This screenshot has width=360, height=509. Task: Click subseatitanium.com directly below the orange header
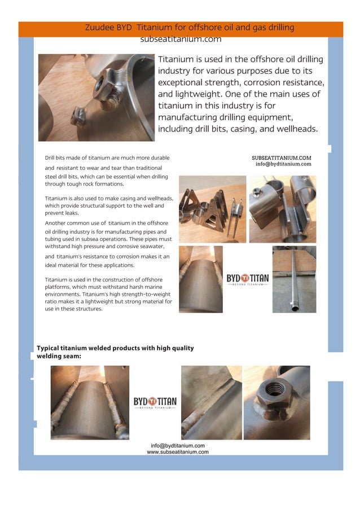pyautogui.click(x=181, y=40)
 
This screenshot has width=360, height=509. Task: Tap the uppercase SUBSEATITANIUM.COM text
pyautogui.click(x=282, y=158)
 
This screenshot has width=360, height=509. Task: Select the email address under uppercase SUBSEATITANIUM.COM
pyautogui.click(x=283, y=164)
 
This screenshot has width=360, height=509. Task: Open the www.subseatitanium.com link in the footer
pyautogui.click(x=177, y=452)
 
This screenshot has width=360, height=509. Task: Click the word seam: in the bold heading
pyautogui.click(x=71, y=356)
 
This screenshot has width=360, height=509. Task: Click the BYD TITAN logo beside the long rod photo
pyautogui.click(x=247, y=279)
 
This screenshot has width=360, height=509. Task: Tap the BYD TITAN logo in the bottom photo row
pyautogui.click(x=155, y=403)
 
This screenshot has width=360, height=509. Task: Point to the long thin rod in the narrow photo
pyautogui.click(x=293, y=279)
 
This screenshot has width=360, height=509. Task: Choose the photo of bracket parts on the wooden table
pyautogui.click(x=213, y=209)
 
